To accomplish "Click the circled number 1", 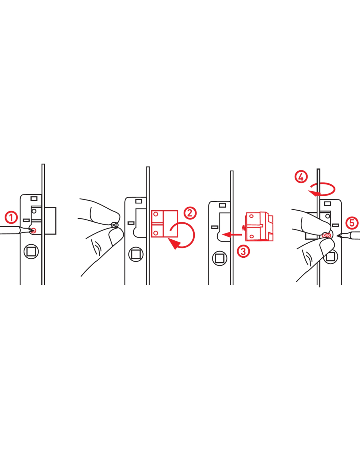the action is (x=11, y=217).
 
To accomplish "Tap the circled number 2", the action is (x=190, y=213).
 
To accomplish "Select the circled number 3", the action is (x=243, y=251).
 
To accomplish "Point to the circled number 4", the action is (x=301, y=177).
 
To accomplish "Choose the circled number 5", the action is (x=352, y=223).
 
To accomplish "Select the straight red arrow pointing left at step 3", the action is (x=232, y=234).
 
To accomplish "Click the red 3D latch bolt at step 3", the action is (x=260, y=226).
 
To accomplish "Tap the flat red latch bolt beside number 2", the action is (x=165, y=224).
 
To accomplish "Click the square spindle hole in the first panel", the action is (x=31, y=252).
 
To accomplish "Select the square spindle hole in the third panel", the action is (x=220, y=259).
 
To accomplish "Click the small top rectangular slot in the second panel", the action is (x=139, y=201).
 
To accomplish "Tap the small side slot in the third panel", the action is (x=215, y=227).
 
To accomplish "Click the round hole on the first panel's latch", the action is (x=34, y=211).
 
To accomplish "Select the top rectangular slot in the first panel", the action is (x=34, y=198).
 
